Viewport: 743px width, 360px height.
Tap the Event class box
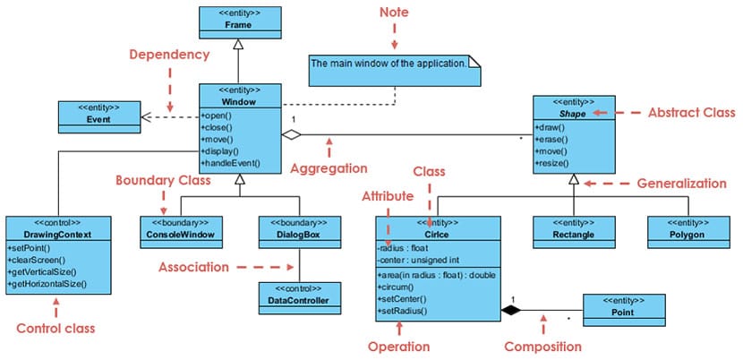pyautogui.click(x=99, y=116)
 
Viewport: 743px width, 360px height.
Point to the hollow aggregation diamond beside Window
pyautogui.click(x=292, y=134)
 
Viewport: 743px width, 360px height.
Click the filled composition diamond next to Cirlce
pyautogui.click(x=510, y=310)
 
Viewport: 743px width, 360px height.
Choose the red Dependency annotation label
pyautogui.click(x=170, y=55)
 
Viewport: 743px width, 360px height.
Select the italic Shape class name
pyautogui.click(x=574, y=114)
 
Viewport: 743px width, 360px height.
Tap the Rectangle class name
pyautogui.click(x=573, y=235)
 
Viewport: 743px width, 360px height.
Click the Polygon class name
pyautogui.click(x=688, y=235)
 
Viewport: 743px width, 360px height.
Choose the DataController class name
pyautogui.click(x=299, y=300)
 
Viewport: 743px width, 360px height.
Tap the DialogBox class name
pyautogui.click(x=299, y=235)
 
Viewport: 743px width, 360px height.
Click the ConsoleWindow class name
pyautogui.click(x=181, y=235)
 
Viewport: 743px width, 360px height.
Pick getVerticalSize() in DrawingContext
pyautogui.click(x=42, y=271)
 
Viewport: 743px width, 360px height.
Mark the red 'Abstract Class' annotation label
pyautogui.click(x=691, y=113)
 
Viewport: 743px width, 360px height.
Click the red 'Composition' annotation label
pyautogui.click(x=543, y=347)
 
